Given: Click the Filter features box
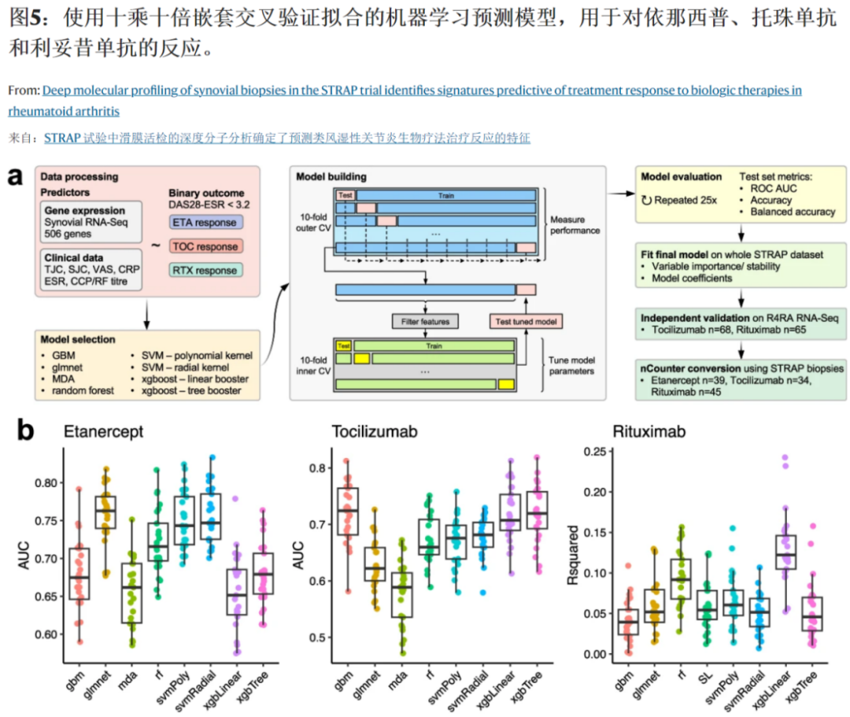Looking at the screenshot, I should [424, 320].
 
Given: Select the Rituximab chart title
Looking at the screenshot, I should [645, 432].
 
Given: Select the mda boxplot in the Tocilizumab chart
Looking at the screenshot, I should [403, 589].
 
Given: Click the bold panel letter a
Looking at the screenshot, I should [14, 176].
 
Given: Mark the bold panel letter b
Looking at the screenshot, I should [25, 429].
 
